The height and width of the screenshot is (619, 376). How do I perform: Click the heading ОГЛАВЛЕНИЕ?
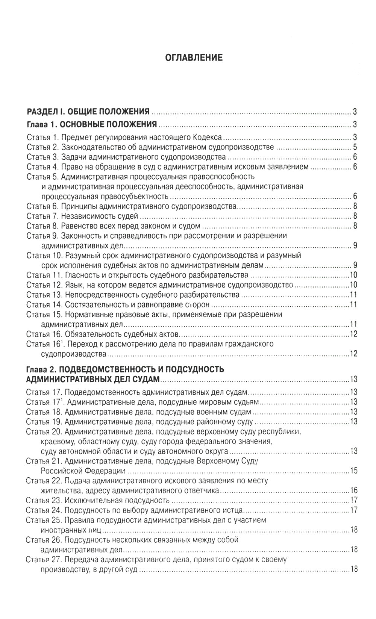tap(194, 58)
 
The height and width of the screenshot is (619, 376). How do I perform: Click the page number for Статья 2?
tap(355, 147)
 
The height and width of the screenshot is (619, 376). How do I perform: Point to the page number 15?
tap(353, 471)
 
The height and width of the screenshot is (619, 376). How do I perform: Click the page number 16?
tap(353, 490)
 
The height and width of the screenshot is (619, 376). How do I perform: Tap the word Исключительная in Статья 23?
tap(89, 500)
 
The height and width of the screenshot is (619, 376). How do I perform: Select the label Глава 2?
tap(41, 369)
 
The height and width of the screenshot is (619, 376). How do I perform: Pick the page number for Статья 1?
tap(355, 137)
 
